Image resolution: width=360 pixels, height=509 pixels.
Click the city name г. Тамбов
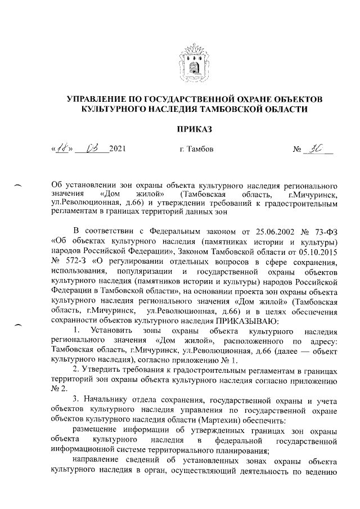pyautogui.click(x=195, y=150)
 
